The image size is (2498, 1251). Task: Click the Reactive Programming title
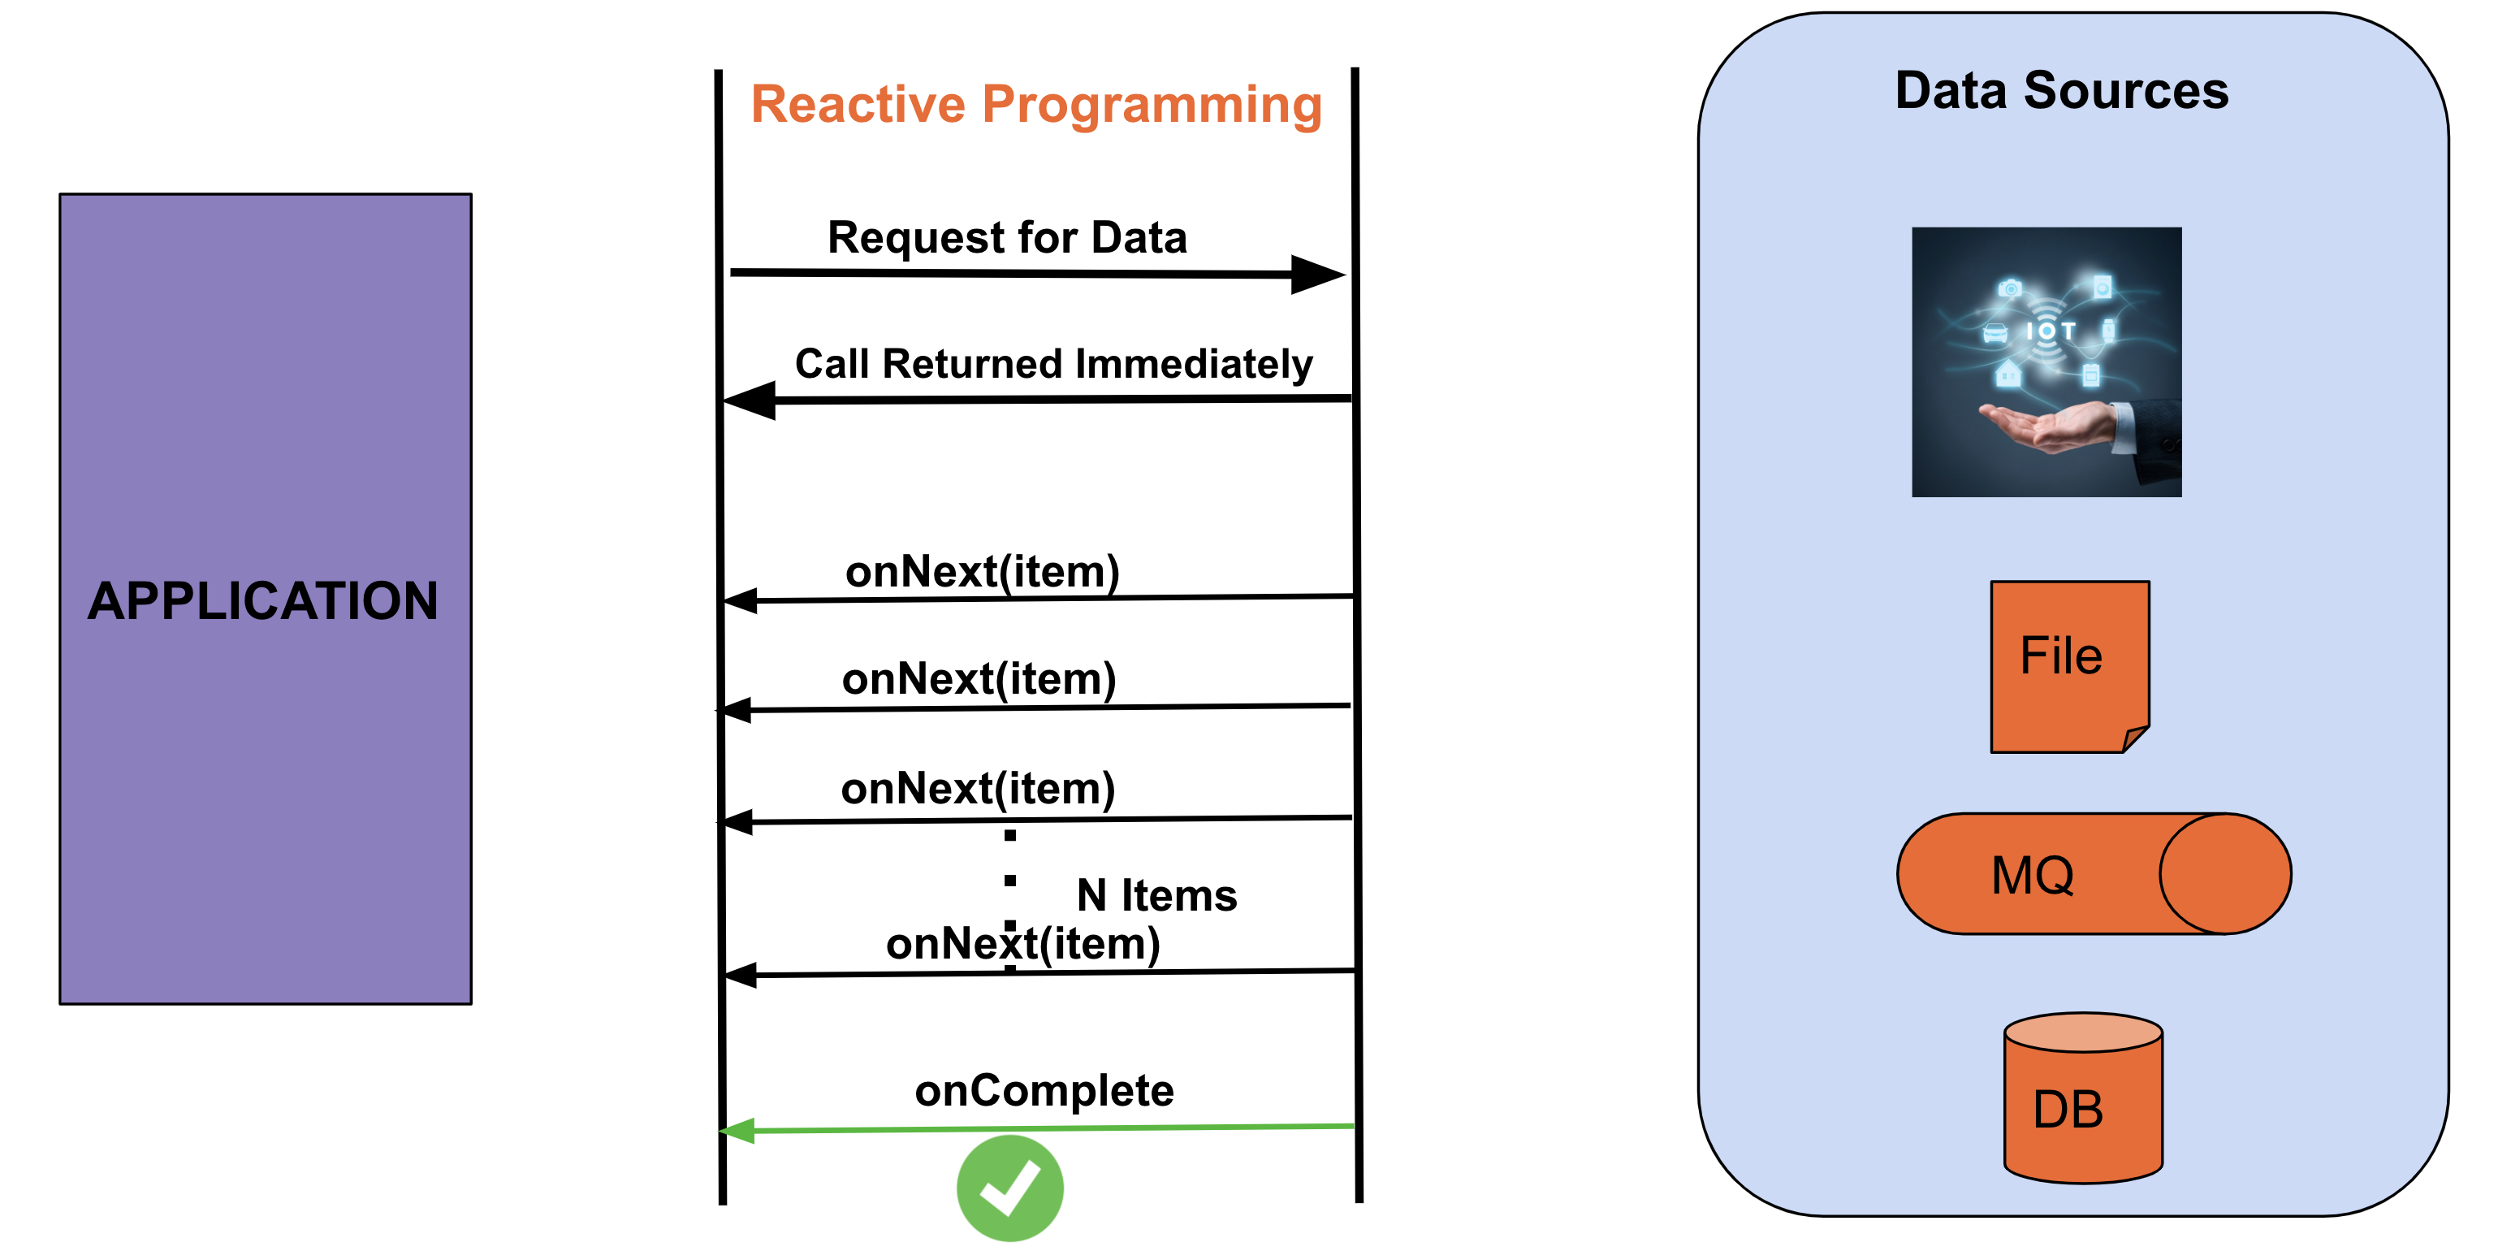[x=1035, y=105]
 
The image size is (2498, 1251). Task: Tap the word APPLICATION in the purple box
[x=263, y=600]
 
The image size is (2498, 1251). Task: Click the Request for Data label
[x=1006, y=237]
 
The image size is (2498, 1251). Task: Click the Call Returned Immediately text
[x=1053, y=364]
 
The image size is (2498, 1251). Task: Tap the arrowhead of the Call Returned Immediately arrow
[x=750, y=400]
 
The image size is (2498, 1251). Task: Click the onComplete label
[x=1044, y=1090]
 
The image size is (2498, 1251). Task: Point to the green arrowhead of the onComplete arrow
[x=738, y=1131]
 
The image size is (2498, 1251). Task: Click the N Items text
[x=1156, y=894]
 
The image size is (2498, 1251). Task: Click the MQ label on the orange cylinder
[x=2032, y=875]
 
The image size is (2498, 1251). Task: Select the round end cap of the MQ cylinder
[x=2224, y=874]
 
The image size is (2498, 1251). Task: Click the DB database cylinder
[x=2083, y=1101]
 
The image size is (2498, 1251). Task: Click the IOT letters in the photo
[x=2049, y=331]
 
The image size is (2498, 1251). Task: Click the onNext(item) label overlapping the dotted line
[x=1022, y=944]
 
